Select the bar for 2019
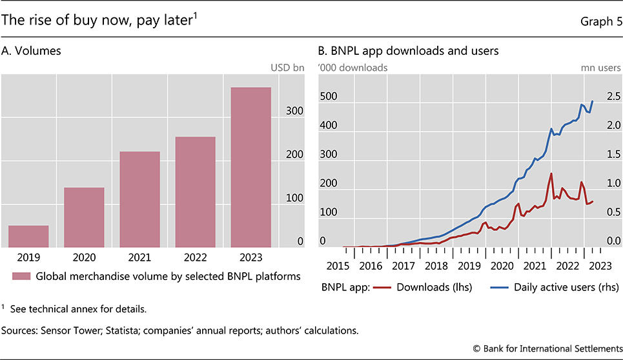[28, 236]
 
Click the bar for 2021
[139, 199]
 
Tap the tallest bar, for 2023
[250, 167]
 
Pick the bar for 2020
[84, 217]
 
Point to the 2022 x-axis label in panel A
[195, 257]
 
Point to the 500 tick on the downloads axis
[329, 97]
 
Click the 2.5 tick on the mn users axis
[612, 97]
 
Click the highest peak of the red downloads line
[551, 173]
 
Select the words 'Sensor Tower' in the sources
[69, 330]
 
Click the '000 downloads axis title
[352, 66]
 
